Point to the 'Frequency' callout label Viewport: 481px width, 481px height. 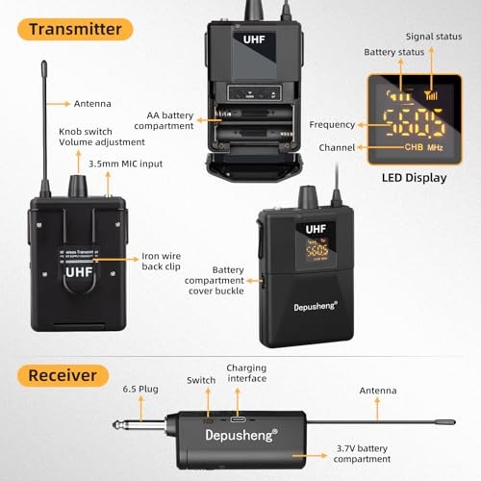click(x=330, y=124)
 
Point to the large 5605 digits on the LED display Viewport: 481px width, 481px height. click(x=411, y=123)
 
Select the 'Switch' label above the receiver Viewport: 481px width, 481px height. click(x=201, y=381)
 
